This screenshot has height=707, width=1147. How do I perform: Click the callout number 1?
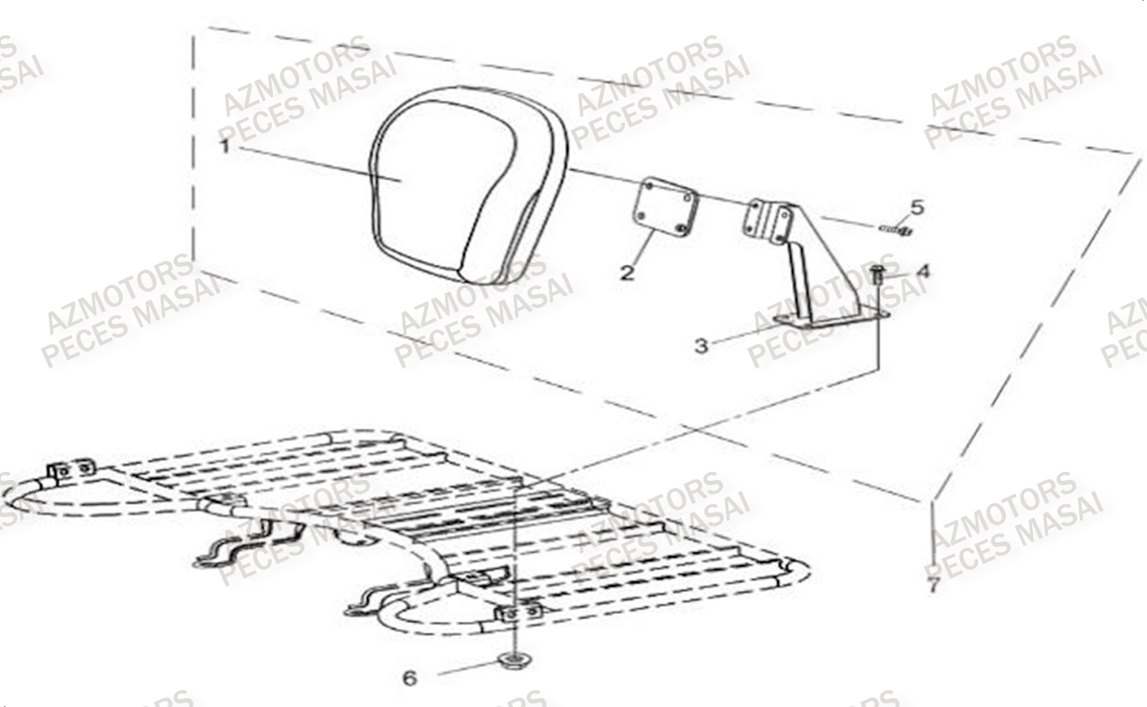tap(224, 146)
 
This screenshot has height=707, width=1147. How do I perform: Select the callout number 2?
tap(626, 272)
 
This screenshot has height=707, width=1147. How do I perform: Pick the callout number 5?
tap(917, 208)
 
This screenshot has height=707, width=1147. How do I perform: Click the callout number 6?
tap(409, 679)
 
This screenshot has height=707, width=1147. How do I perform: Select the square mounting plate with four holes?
tap(666, 206)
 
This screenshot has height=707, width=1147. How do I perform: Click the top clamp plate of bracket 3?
tap(766, 220)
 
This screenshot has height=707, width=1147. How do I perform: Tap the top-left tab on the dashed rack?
tap(71, 469)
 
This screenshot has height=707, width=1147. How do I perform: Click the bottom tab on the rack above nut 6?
tap(519, 612)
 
